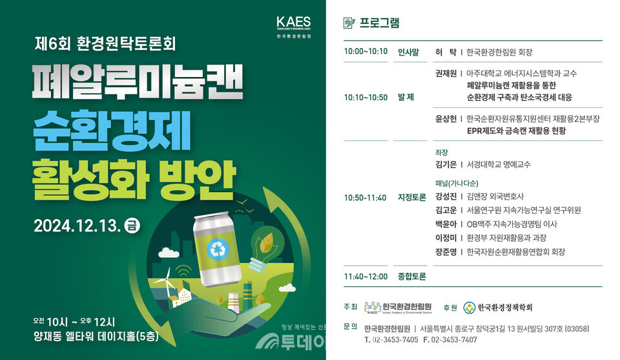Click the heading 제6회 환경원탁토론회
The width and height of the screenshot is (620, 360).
(x=105, y=45)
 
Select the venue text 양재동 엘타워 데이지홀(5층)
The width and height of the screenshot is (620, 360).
(x=96, y=336)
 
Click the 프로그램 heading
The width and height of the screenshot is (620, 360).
(x=379, y=24)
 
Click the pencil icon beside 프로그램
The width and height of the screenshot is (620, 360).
(x=349, y=24)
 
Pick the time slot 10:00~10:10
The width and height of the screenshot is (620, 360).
(x=366, y=52)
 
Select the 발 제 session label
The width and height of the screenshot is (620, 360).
(x=406, y=98)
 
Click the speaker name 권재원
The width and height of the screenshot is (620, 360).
(x=446, y=74)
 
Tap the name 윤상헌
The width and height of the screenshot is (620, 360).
(x=446, y=119)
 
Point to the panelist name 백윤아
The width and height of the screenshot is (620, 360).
(x=446, y=224)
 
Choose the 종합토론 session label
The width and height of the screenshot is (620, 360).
(x=412, y=277)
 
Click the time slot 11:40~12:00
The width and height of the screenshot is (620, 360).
(x=366, y=277)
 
